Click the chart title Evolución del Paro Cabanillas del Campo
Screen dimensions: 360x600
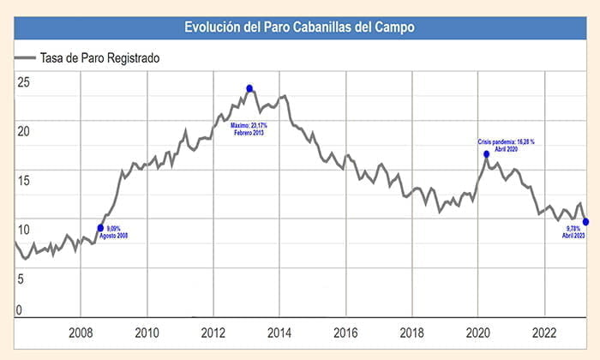[300, 27]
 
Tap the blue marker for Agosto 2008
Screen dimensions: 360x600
[101, 228]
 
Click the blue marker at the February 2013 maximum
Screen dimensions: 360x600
[249, 88]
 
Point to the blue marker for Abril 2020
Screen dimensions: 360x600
[486, 154]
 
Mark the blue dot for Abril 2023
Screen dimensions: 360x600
[585, 222]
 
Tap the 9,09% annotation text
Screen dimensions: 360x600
[115, 229]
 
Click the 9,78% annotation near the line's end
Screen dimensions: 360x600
[571, 228]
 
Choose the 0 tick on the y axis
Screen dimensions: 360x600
[19, 309]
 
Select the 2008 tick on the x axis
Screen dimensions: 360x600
[81, 333]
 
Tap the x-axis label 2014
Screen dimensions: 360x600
[279, 333]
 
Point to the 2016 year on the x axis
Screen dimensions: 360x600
[345, 333]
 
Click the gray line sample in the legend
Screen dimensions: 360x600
[26, 58]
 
